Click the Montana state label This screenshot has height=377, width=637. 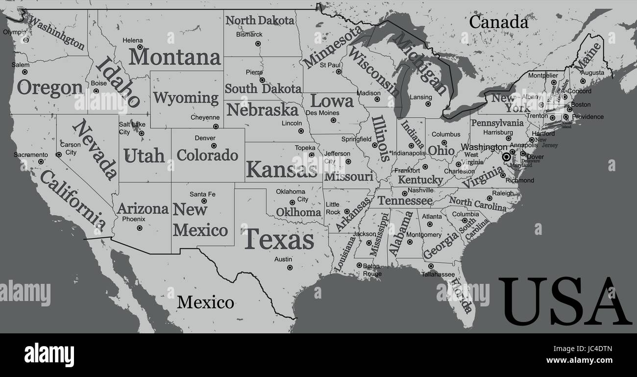pos(175,57)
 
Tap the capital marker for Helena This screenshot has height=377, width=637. pos(140,47)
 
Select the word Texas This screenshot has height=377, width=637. pos(278,240)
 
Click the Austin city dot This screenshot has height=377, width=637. pos(290,268)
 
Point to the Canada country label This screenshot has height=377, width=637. pos(498,22)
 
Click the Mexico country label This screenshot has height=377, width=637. pos(205,302)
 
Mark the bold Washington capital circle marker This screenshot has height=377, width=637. pos(506,157)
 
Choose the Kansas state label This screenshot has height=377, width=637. pos(281,169)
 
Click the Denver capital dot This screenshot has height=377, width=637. pos(214,146)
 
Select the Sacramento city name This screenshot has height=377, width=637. pos(30,154)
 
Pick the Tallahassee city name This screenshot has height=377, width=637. pos(438,274)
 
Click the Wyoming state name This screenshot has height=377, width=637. pos(186,98)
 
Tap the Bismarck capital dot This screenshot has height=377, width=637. pos(258,43)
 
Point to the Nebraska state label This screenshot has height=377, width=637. pos(262,109)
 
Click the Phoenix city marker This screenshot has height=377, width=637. pos(140,228)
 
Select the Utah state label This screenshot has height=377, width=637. pos(144,156)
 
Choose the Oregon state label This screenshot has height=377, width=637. pos(49,88)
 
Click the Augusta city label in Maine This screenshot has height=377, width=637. pos(592,73)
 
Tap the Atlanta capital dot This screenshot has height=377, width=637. pos(430,224)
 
